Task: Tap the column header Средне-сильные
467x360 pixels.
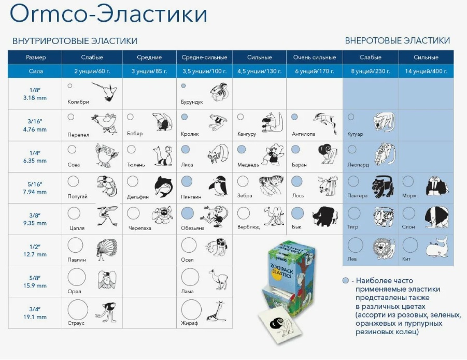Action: point(204,57)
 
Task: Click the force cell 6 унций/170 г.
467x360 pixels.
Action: point(314,71)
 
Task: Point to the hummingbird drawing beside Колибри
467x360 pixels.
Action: point(104,91)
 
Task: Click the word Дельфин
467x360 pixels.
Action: point(137,196)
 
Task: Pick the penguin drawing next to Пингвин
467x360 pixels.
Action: point(217,185)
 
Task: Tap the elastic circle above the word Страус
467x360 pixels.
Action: point(76,309)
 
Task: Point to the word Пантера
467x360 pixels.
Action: point(358,196)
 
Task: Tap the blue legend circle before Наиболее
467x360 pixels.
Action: point(345,280)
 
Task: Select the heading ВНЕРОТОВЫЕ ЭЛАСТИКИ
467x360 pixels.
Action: point(397,40)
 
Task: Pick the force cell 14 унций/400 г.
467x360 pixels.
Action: point(426,71)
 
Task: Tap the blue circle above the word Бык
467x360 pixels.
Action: point(297,213)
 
